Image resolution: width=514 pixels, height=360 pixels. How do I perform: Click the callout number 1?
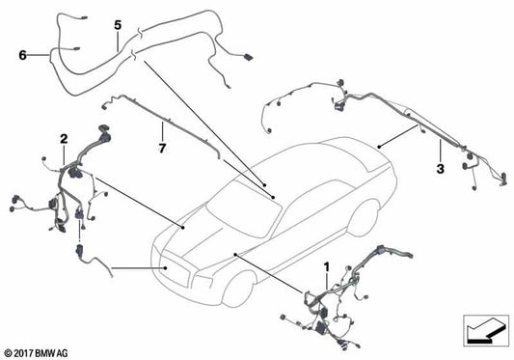pyautogui.click(x=326, y=264)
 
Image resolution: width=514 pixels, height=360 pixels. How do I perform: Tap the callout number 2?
pyautogui.click(x=64, y=140)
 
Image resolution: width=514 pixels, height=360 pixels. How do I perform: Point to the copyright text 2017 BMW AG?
pyautogui.click(x=37, y=351)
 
